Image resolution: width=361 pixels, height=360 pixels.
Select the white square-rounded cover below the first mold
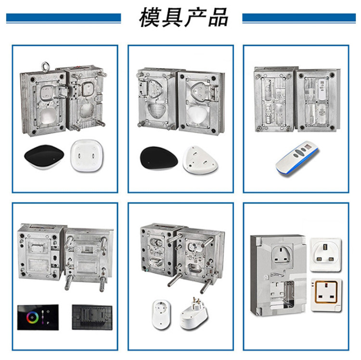click(86, 155)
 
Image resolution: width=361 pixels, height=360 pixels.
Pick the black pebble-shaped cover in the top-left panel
click(44, 157)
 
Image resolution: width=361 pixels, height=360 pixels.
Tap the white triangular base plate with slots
click(200, 160)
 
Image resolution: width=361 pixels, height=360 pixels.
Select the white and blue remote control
click(297, 157)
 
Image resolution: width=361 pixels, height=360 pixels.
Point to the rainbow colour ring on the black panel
click(32, 317)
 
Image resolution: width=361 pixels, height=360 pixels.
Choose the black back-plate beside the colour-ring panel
click(92, 317)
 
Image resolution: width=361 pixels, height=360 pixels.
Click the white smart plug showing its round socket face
click(162, 314)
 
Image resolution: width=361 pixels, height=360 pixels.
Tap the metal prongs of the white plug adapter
click(196, 301)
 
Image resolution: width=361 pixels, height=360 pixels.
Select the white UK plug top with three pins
click(326, 254)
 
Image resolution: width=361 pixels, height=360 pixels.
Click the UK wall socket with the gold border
click(326, 295)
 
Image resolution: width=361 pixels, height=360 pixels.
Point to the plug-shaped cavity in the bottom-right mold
click(282, 254)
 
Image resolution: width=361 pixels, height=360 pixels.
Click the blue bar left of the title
click(64, 18)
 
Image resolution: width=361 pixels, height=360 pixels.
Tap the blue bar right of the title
click(299, 18)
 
